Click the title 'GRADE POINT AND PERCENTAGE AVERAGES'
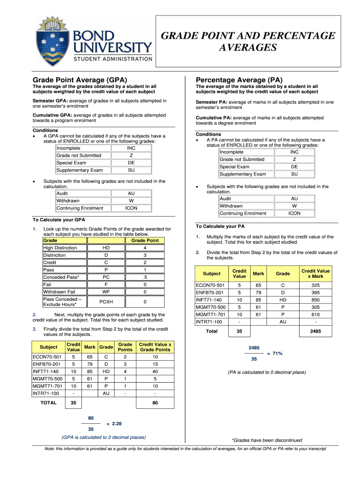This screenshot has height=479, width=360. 248,42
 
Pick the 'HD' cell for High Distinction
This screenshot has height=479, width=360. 107,248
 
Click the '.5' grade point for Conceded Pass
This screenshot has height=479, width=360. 145,277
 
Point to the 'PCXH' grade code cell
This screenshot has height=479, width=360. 107,302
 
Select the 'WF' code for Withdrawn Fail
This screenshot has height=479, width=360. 107,292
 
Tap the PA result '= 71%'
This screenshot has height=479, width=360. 274,353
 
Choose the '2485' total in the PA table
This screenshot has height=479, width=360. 315,331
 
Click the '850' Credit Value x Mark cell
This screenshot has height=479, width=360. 316,300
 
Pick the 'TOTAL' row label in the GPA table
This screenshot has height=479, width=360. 48,402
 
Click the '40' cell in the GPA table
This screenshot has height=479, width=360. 155,371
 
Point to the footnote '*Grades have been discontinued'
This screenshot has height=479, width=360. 267,440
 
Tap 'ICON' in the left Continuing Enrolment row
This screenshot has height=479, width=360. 131,208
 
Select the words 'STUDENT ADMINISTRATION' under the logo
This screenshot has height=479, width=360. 112,59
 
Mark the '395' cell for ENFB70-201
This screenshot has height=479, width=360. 316,292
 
